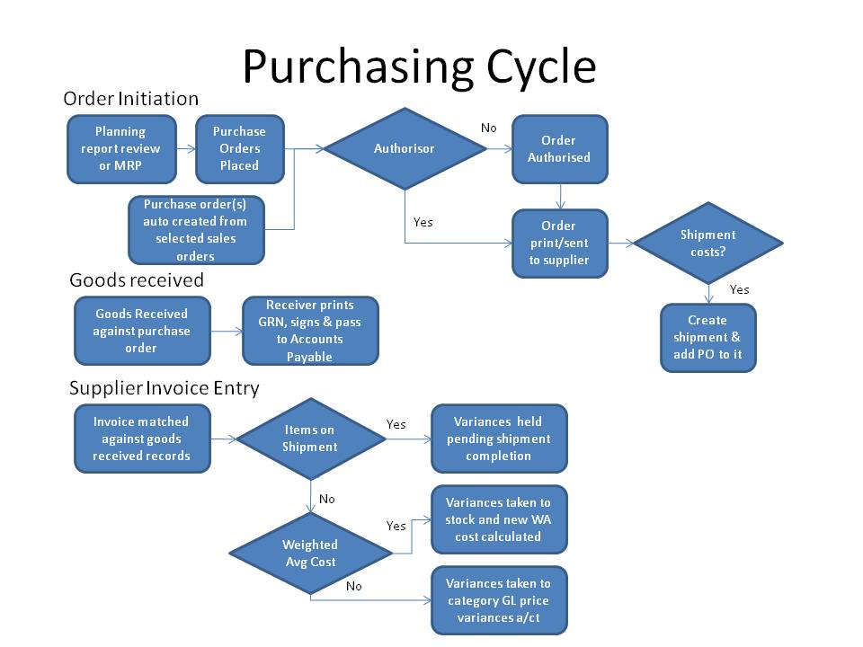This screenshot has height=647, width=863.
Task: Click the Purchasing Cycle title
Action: pos(419,66)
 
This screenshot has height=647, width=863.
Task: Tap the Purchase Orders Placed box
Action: pos(239,148)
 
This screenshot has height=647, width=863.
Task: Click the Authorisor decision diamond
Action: pos(404,148)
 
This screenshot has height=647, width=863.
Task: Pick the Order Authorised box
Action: pos(559,148)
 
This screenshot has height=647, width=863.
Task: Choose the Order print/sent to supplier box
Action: pos(559,243)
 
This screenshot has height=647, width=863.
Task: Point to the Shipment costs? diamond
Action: pos(707,243)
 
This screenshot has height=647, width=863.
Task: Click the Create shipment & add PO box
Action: pos(707,337)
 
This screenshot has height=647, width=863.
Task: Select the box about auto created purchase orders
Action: pos(196,229)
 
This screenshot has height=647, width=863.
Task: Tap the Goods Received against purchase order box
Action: pos(142,331)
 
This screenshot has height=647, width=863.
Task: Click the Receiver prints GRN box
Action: pos(310,331)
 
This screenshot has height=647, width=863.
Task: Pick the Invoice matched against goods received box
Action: pos(142,439)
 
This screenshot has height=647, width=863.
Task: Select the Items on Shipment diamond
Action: pos(310,439)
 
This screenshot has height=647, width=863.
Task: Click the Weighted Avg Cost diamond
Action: pos(310,553)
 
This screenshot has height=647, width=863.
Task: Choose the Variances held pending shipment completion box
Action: pos(499,439)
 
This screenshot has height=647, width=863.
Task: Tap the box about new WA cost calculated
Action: pos(499,519)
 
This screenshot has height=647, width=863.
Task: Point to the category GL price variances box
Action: pos(499,600)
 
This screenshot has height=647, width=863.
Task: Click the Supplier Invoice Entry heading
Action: pos(165,388)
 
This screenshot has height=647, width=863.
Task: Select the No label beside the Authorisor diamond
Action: pos(488,128)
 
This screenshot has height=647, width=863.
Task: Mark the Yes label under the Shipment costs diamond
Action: pos(739,289)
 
